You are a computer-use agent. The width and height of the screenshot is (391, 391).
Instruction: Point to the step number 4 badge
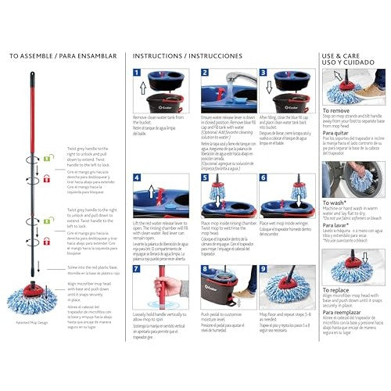(x=138, y=178)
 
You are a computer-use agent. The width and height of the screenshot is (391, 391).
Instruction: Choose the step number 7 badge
(x=138, y=270)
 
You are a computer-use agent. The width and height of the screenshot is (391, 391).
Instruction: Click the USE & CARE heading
(x=344, y=52)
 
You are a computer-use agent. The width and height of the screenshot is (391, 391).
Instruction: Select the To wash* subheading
(x=335, y=202)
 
